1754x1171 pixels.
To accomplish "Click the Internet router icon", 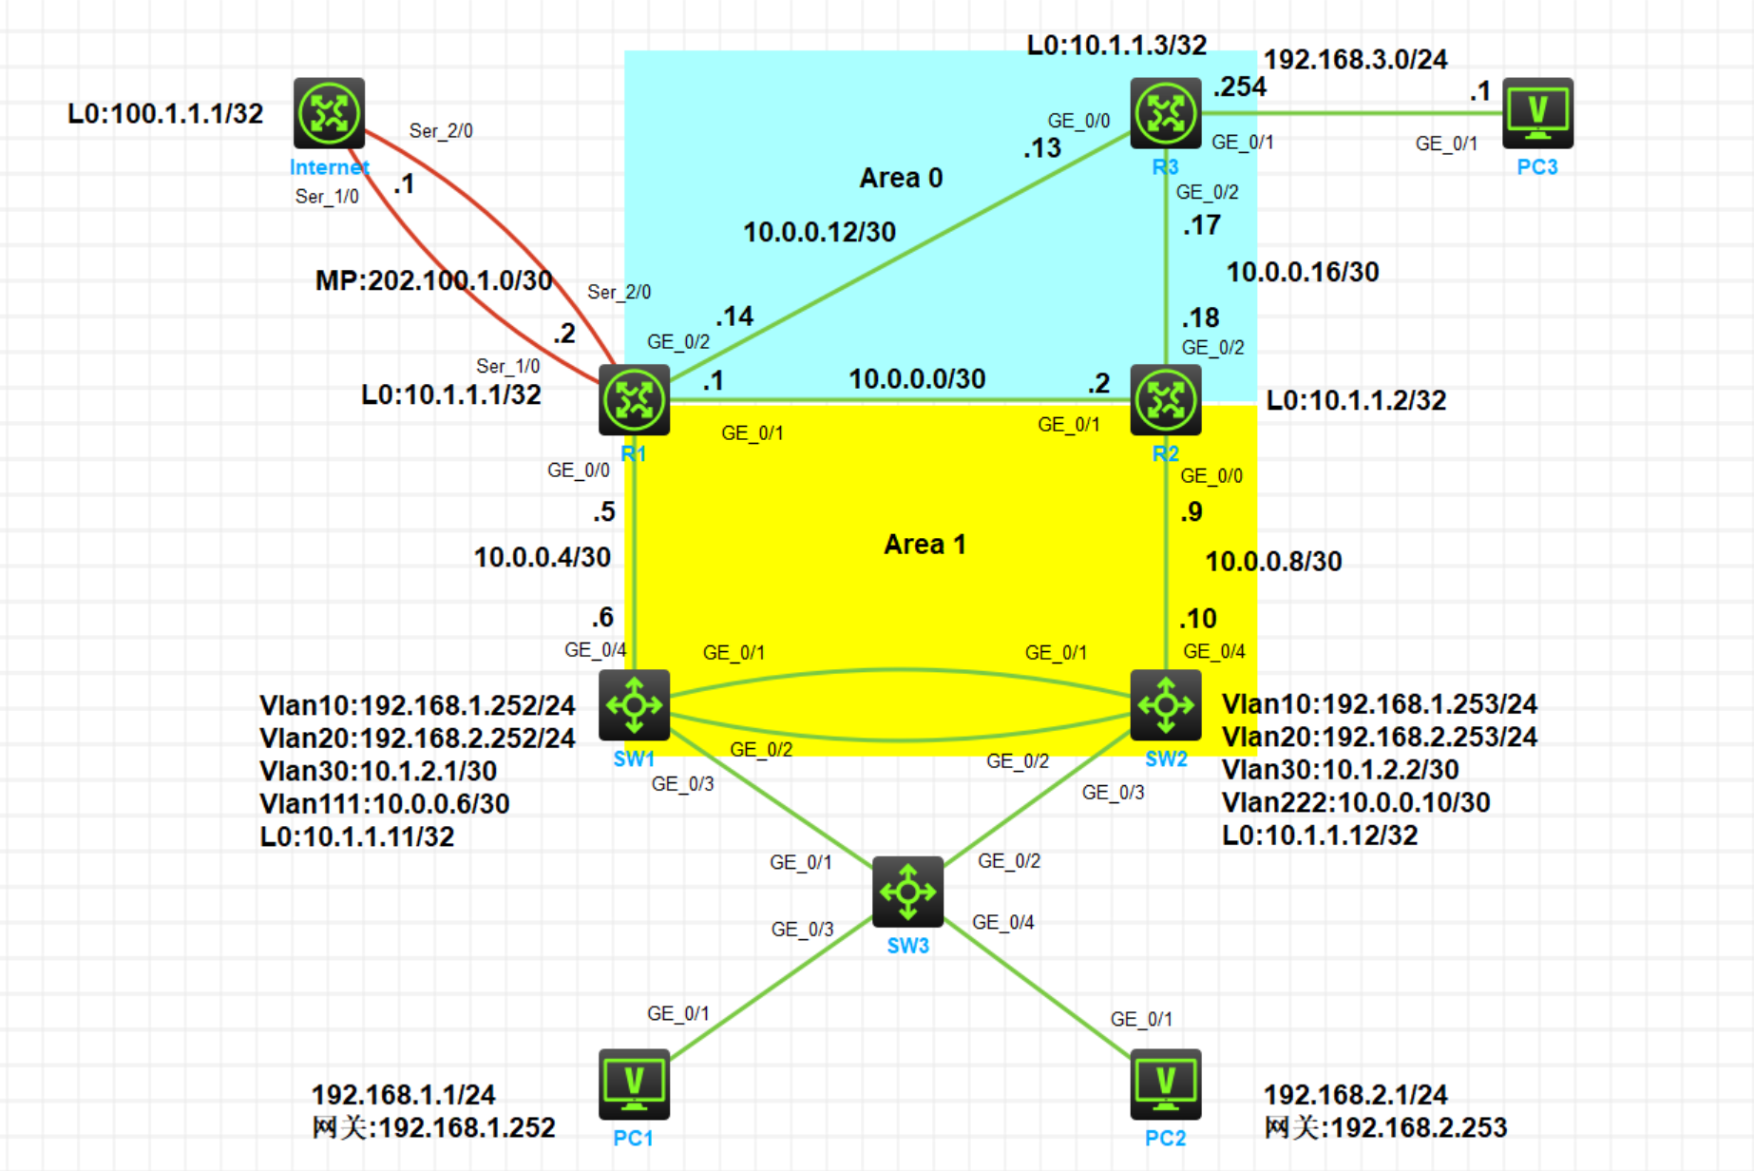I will pos(329,113).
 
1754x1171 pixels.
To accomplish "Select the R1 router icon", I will pos(634,400).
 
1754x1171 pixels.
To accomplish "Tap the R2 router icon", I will pos(1166,400).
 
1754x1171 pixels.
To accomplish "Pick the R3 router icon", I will pos(1166,113).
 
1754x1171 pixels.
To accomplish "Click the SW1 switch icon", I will pos(634,704).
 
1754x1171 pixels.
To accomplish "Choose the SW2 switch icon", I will pos(1166,704).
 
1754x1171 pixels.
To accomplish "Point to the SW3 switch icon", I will pos(907,892).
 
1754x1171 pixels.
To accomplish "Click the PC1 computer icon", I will pos(634,1085).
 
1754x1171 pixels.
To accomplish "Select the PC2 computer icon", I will pos(1166,1085).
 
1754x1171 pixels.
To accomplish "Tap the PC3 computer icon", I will pos(1537,113).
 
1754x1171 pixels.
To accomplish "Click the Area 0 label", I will pos(901,178).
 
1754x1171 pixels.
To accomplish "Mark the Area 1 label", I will pos(925,545).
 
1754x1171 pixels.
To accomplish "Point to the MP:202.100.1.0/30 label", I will pos(434,280).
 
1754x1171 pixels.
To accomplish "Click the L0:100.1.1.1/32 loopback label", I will pos(165,114).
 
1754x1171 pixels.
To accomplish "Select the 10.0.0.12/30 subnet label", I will pos(819,232).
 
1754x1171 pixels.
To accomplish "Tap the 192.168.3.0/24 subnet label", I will pos(1355,60).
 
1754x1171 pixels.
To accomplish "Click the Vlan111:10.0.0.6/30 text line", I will pos(385,804).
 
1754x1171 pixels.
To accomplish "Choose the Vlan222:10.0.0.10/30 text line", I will pos(1356,803).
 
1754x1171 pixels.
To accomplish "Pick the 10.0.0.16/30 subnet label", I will pos(1303,273).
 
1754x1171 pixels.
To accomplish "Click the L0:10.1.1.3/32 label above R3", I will pos(1116,45).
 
